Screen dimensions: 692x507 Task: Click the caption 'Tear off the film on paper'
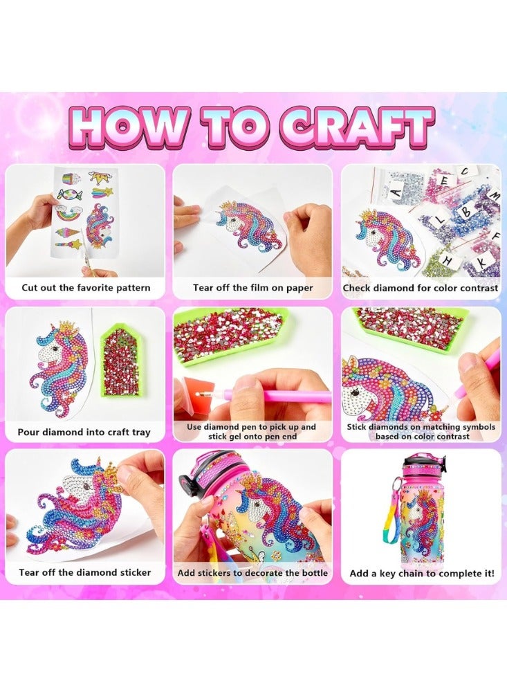click(252, 288)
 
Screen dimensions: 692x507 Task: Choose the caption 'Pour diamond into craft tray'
click(85, 432)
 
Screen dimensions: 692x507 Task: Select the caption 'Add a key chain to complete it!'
click(421, 574)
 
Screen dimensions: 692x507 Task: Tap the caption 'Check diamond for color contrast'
click(421, 288)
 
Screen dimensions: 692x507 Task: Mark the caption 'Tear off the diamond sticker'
click(85, 573)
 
